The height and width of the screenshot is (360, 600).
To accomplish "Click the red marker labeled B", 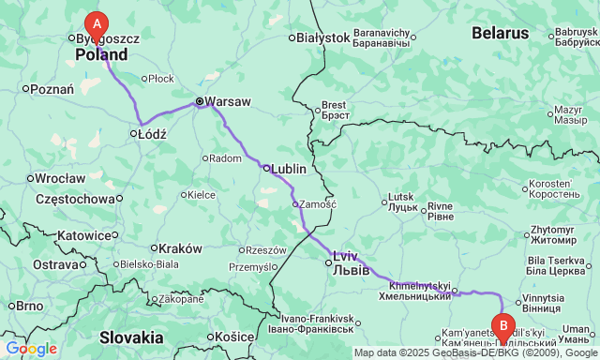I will pos(504,327).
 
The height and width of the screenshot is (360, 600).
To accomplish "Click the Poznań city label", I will pos(52,89).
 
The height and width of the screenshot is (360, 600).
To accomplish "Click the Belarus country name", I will pos(500,33).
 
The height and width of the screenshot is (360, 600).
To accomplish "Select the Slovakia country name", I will pos(131,337).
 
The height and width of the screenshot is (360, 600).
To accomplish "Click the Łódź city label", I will pos(151,134).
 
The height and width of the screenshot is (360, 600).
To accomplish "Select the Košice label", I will pos(233,336).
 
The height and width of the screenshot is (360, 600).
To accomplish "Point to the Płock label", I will pos(162,80).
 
